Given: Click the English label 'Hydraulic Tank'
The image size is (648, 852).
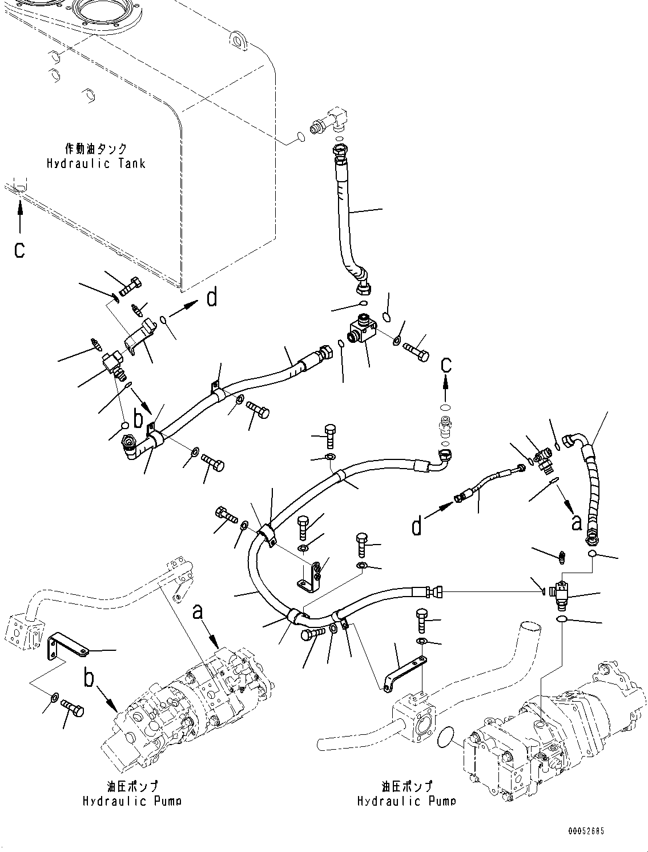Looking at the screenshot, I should pyautogui.click(x=96, y=164).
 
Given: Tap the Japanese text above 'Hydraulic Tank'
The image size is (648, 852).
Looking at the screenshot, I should pyautogui.click(x=96, y=149).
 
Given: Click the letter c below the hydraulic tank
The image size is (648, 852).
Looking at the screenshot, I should pyautogui.click(x=20, y=250).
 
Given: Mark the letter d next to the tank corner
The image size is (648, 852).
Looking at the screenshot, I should pyautogui.click(x=212, y=297).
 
